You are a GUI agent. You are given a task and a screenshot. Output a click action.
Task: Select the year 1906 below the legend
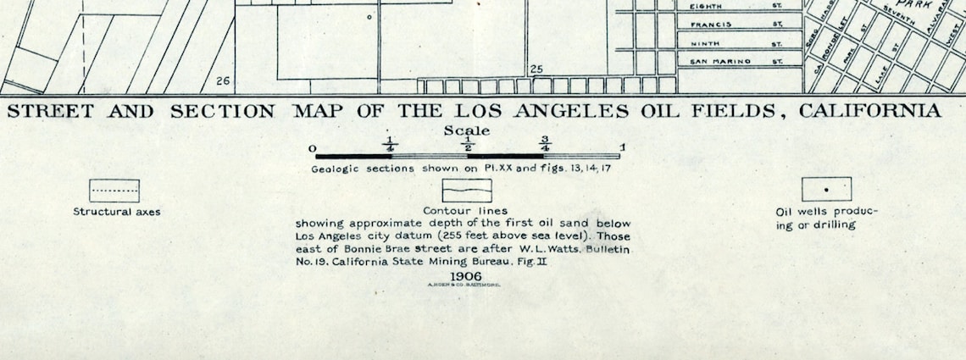(x=466, y=277)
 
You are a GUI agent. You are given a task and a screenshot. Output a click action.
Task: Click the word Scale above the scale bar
(x=466, y=131)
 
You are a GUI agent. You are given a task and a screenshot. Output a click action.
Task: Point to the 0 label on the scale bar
(x=313, y=150)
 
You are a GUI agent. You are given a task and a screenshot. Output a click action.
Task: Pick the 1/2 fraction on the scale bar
(x=468, y=144)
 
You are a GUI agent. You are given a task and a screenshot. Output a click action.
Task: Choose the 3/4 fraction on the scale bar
(x=545, y=144)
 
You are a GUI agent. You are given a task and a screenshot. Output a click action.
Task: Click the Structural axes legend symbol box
(x=114, y=191)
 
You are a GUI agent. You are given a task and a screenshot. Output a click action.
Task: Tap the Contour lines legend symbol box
(x=466, y=191)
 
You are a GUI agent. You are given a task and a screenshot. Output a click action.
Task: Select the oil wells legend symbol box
(x=826, y=189)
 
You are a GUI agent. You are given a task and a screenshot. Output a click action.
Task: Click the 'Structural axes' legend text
(x=116, y=212)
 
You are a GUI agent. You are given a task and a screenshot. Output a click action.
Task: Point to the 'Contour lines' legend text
(x=466, y=211)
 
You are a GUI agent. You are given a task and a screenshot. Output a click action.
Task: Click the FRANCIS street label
(x=710, y=25)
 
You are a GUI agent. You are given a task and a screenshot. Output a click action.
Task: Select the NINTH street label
(x=705, y=43)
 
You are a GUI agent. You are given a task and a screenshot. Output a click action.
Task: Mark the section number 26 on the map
(x=223, y=81)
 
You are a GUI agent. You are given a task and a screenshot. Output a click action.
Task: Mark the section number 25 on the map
(x=536, y=69)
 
